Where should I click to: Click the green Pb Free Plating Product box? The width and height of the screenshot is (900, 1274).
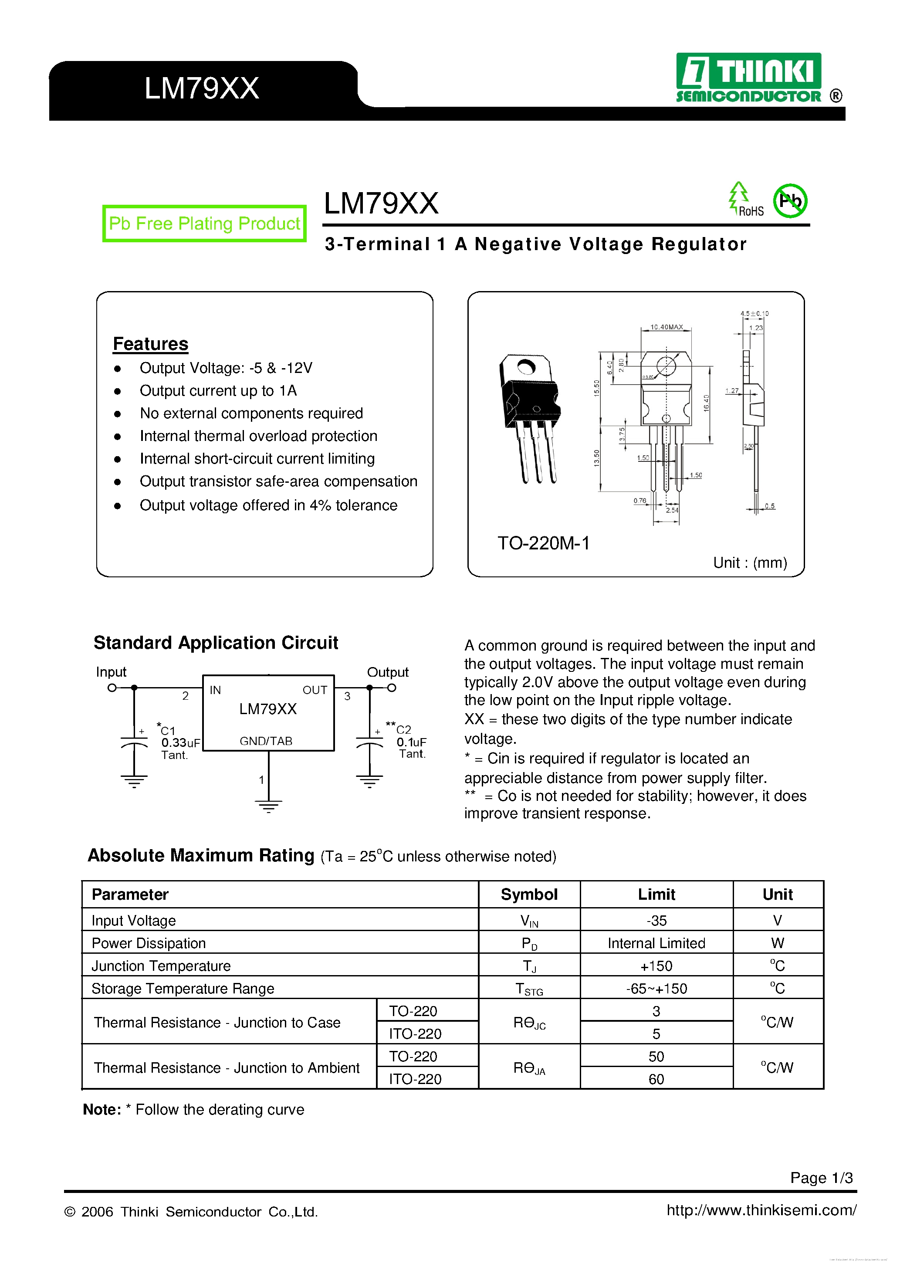tap(204, 223)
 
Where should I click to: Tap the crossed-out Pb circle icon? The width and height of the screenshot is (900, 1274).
tap(790, 200)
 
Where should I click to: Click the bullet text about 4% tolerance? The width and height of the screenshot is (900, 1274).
tap(268, 505)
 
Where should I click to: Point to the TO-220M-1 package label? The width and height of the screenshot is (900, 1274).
tap(543, 543)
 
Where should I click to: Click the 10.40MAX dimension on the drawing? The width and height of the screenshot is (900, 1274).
tap(667, 327)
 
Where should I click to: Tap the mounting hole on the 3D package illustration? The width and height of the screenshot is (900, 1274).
tap(525, 367)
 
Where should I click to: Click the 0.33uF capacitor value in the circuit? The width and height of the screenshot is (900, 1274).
tap(180, 742)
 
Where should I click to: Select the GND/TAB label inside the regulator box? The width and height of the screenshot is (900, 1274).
tap(266, 741)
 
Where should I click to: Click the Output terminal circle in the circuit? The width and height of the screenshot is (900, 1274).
tap(392, 688)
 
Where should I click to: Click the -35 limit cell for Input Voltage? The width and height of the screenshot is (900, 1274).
tap(656, 921)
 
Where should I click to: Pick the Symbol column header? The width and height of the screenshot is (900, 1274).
tap(529, 895)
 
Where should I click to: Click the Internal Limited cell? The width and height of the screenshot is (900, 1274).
tap(656, 943)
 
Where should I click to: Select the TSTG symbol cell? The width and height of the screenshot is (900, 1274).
tap(529, 989)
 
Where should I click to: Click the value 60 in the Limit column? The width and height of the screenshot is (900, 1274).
tap(656, 1079)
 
